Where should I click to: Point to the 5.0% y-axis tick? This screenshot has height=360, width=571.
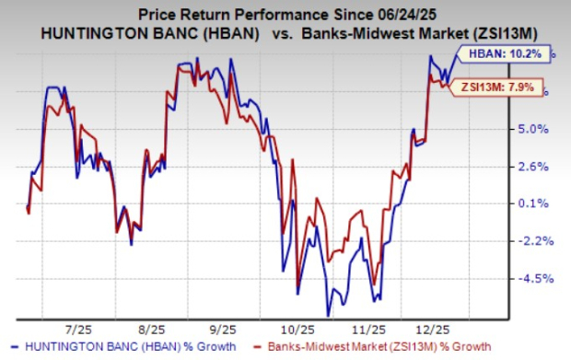pos(543,129)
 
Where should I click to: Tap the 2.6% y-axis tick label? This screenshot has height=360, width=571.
pos(543,167)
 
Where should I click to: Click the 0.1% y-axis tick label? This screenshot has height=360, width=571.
pos(543,203)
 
